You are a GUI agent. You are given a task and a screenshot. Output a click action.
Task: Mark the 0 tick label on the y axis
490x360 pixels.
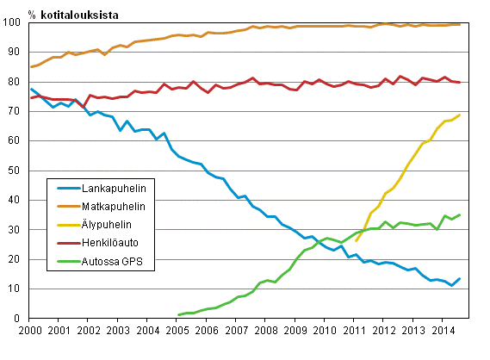[x=21, y=319]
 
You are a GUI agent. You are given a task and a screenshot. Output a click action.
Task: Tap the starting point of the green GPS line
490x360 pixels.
[x=177, y=315]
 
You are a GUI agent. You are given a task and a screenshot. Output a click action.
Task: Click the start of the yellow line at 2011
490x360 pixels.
[x=355, y=241]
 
